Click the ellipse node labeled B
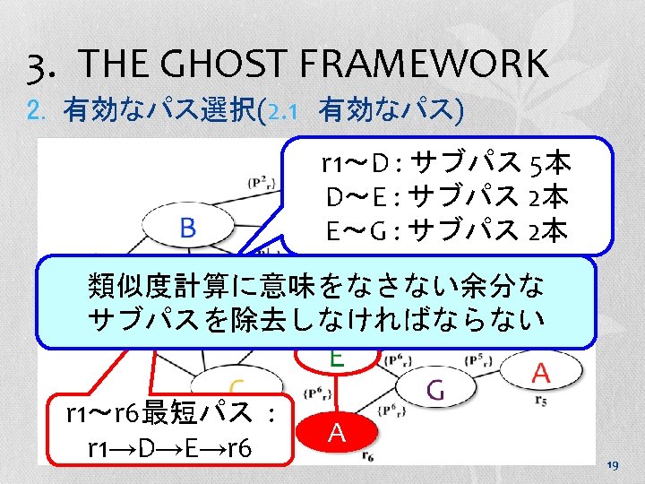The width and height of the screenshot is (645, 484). [187, 228]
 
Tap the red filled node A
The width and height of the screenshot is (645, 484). [337, 432]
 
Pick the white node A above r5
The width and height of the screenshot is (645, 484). [541, 370]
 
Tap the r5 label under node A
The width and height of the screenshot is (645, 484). [539, 401]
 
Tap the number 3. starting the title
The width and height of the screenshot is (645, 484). [46, 65]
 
